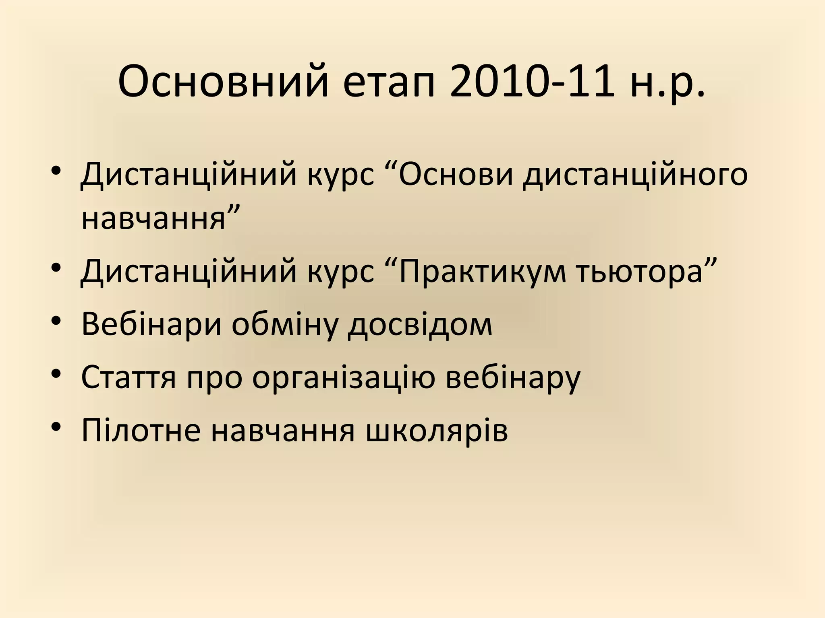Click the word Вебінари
[151, 324]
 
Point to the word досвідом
[420, 324]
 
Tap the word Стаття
[129, 377]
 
